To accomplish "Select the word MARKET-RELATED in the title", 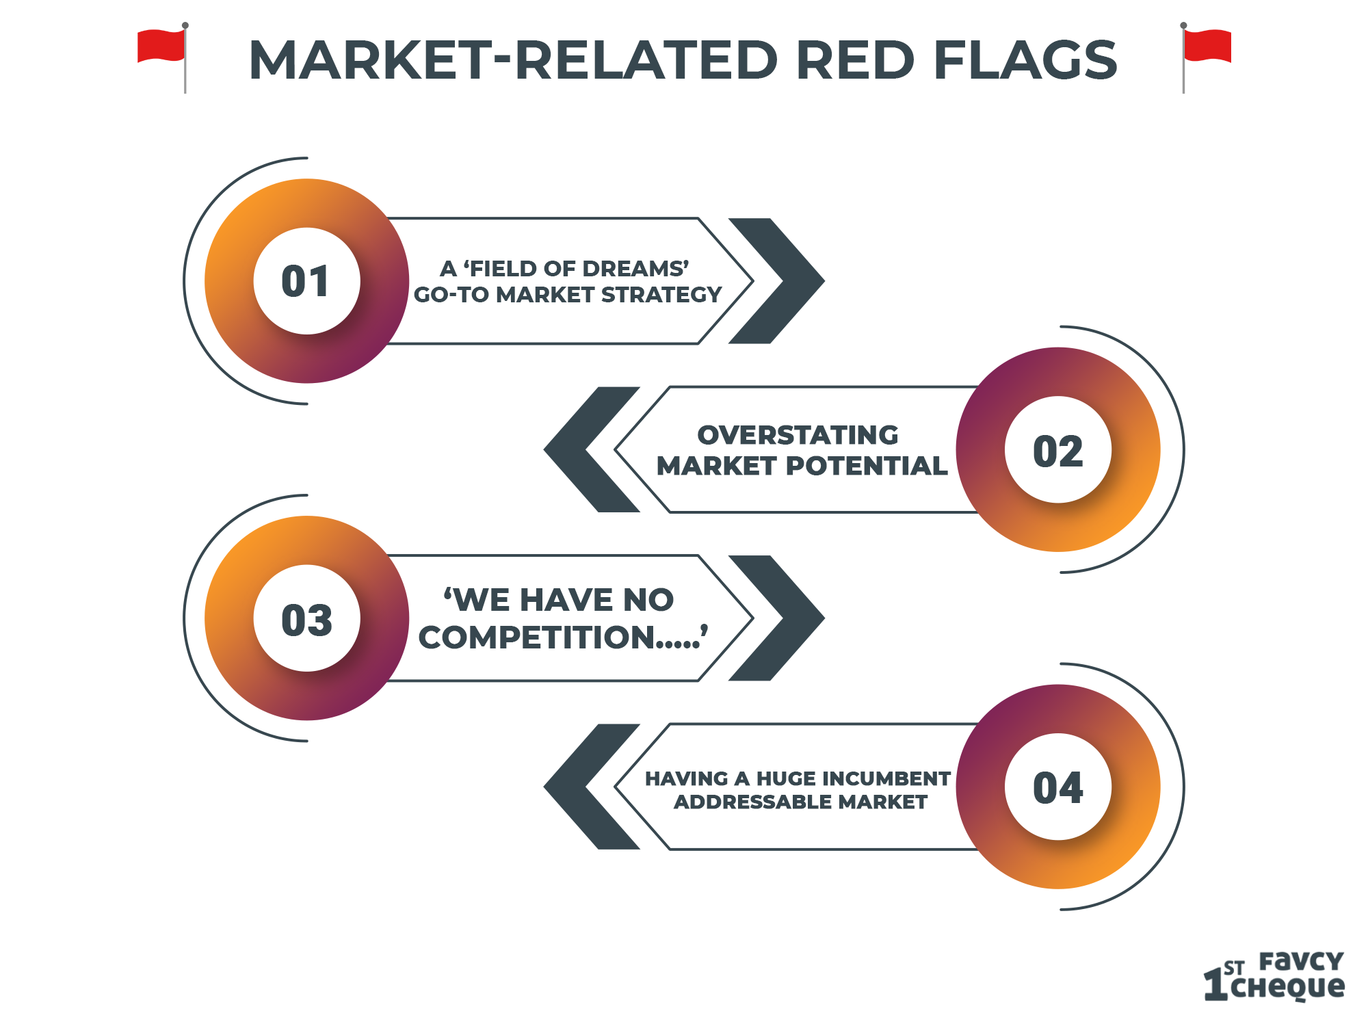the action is click(x=513, y=60).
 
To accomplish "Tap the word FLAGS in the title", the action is click(x=1025, y=60).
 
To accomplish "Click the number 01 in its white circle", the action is click(x=306, y=281).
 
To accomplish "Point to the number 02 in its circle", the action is click(x=1058, y=451).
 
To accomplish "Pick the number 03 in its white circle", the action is click(x=306, y=620).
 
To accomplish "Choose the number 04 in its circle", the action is click(x=1058, y=787).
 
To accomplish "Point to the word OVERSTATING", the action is click(x=798, y=435).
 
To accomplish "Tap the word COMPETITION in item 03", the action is click(x=537, y=637).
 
